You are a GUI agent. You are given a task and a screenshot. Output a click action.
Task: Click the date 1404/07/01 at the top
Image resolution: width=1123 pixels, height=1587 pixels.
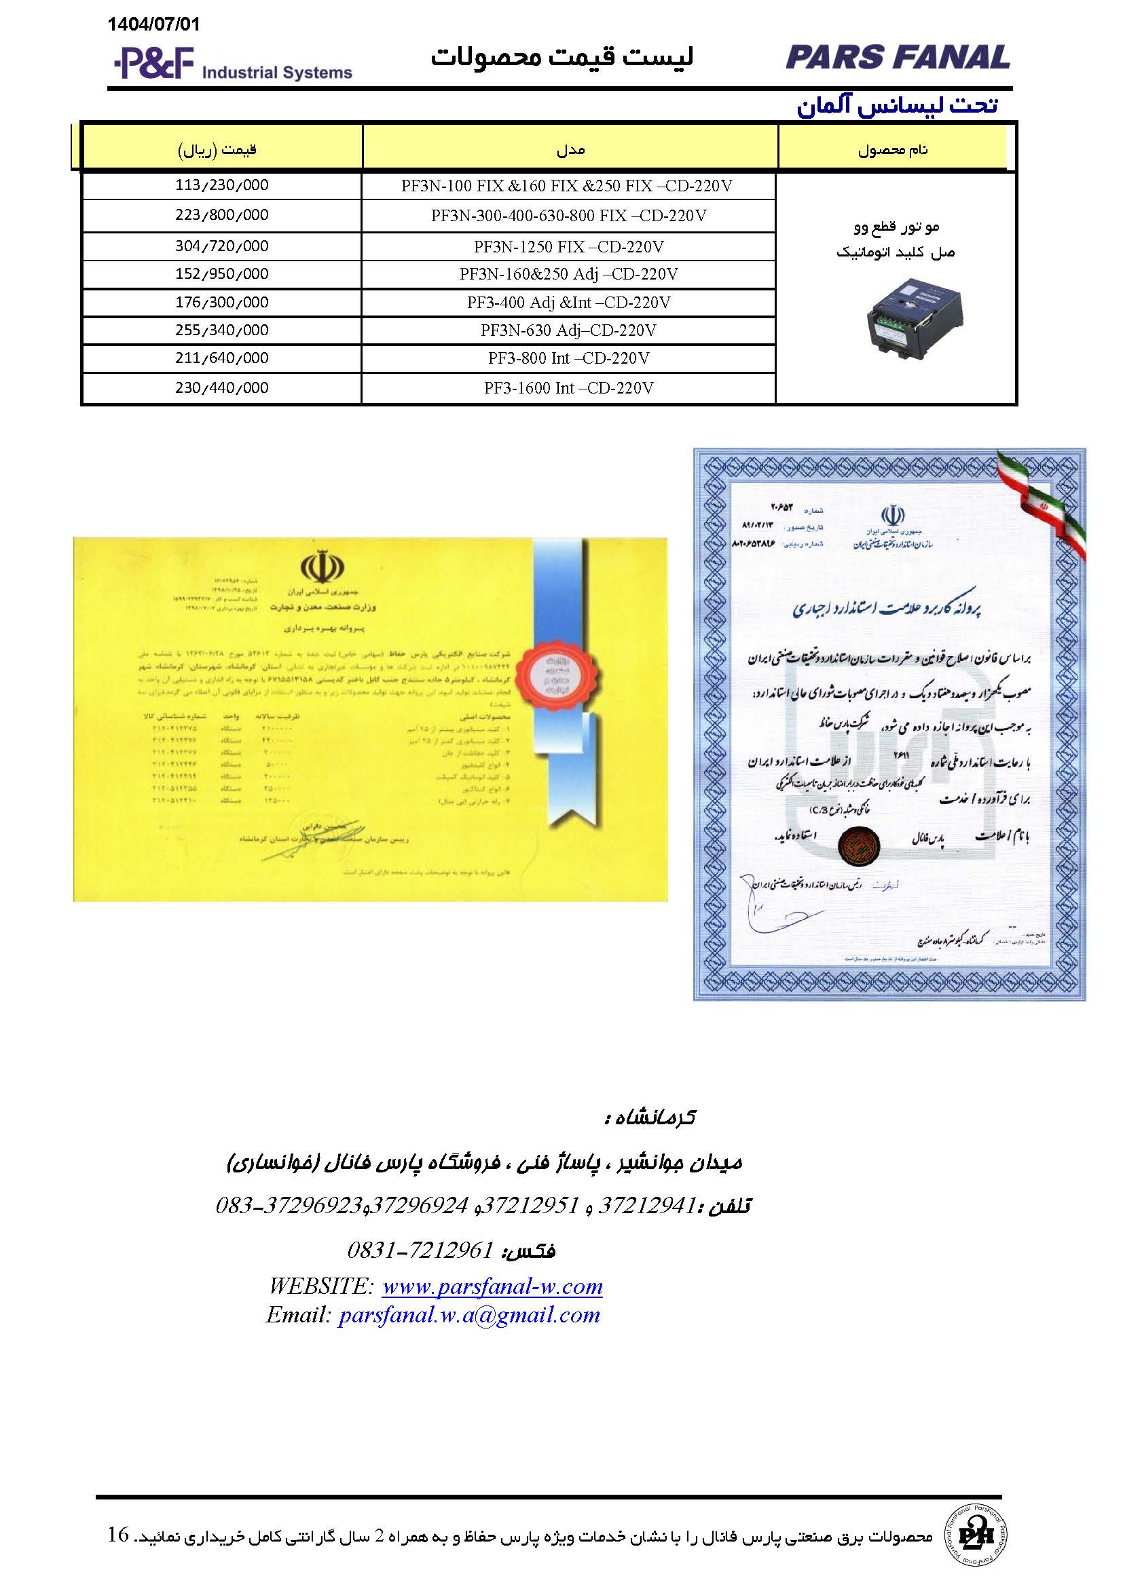(153, 25)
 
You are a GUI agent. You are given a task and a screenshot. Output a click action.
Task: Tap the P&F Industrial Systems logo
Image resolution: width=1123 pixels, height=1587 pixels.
(232, 64)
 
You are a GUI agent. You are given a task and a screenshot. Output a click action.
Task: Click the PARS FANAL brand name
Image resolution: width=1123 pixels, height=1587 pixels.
(898, 58)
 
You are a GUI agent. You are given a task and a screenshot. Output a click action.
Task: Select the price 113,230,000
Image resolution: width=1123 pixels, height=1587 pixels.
(221, 186)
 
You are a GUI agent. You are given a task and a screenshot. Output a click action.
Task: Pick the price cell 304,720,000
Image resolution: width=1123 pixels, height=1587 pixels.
(221, 247)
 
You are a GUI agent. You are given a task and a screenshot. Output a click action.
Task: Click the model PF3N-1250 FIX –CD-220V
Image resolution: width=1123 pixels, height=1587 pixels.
(568, 247)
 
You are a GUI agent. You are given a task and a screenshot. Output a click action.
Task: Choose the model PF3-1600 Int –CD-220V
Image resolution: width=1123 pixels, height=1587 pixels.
(568, 389)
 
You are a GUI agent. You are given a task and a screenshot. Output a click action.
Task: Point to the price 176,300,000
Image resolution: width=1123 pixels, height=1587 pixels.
(221, 303)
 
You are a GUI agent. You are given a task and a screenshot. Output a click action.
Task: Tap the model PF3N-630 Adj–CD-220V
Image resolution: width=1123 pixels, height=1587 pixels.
(568, 331)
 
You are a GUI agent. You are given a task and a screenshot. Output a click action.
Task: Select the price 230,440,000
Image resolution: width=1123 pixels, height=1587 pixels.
(221, 389)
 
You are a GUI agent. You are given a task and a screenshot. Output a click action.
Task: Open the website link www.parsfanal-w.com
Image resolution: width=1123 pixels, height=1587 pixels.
(492, 1286)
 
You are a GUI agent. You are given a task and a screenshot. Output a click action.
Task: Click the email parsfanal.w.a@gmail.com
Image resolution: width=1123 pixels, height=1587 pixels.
(469, 1315)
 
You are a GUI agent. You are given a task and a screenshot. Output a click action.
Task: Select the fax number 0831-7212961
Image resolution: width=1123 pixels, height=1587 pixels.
(420, 1250)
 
